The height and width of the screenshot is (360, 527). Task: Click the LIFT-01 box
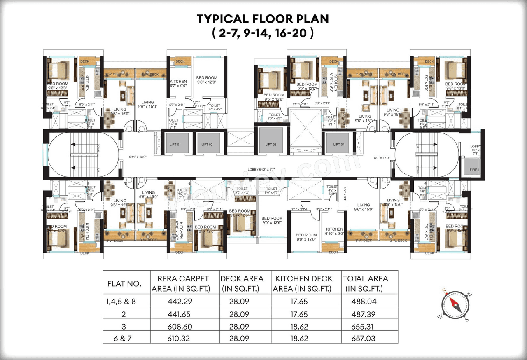177,144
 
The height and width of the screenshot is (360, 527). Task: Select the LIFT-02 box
207,144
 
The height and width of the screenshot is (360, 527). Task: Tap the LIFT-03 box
270,144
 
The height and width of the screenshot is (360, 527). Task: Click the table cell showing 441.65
180,314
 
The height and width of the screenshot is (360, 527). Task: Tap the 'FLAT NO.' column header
124,284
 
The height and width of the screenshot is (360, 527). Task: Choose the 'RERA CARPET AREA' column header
180,283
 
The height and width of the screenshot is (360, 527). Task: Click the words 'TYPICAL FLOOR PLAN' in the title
263,19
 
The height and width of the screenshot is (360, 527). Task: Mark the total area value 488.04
364,302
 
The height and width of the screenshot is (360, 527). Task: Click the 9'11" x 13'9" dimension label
138,157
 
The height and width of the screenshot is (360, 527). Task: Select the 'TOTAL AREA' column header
365,283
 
